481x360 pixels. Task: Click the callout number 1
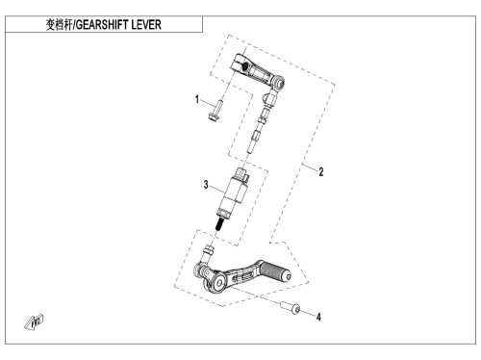(x=197, y=99)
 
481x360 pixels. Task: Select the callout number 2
(x=321, y=172)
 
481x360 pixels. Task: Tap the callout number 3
(x=206, y=185)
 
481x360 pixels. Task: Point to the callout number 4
(x=318, y=317)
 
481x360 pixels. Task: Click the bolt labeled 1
(x=215, y=112)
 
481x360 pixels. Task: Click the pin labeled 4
(x=291, y=307)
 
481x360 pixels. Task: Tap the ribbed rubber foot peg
(x=275, y=271)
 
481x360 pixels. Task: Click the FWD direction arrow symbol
(x=34, y=322)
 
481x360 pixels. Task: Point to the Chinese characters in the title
(x=60, y=25)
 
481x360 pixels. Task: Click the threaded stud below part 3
(x=219, y=224)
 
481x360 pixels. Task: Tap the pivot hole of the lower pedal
(x=219, y=283)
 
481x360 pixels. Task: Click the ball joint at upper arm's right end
(x=278, y=82)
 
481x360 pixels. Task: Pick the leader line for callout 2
(x=310, y=167)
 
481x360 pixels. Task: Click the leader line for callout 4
(x=308, y=314)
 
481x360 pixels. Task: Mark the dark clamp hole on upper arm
(x=244, y=66)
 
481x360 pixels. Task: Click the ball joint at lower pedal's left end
(x=201, y=270)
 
